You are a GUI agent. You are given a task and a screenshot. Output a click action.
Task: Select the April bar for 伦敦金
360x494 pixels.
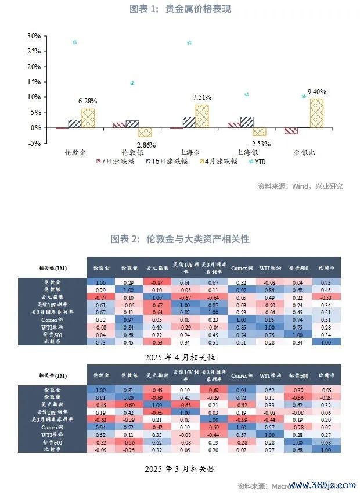coord(88,118)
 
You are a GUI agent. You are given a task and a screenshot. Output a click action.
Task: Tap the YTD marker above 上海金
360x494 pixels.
coord(189,43)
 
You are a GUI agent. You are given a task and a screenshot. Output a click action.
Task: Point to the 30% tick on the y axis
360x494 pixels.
coord(34,36)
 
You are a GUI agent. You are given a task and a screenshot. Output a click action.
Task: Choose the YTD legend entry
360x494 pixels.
coord(261,162)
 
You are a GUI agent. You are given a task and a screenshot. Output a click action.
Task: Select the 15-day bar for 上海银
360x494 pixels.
coord(247,122)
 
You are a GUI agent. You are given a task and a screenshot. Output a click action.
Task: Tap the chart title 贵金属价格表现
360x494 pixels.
coord(180,10)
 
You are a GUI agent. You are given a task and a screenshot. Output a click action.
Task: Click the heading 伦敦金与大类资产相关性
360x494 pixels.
coord(180,239)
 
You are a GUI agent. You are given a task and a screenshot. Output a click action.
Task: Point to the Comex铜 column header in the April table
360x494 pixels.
coord(239,268)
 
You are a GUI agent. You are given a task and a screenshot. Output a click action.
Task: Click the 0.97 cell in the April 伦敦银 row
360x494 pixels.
coord(239,289)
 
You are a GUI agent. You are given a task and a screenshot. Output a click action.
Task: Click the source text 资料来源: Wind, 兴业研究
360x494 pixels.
coord(300,187)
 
